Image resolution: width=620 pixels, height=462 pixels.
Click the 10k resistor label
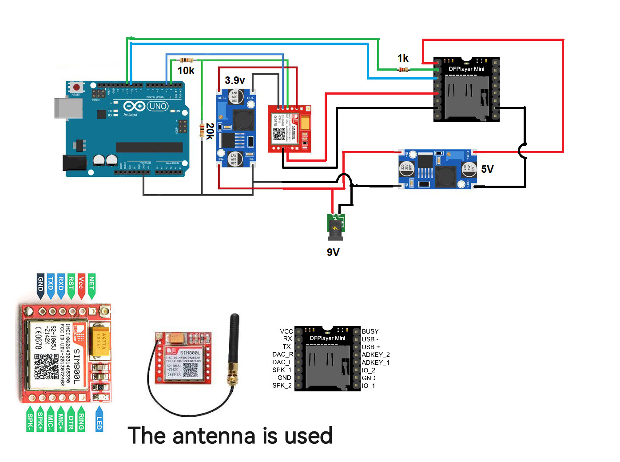[x=186, y=71]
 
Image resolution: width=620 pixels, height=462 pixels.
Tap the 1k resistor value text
[x=403, y=58]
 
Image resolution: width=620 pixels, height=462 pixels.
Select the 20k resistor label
[x=210, y=131]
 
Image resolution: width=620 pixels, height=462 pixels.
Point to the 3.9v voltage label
[x=234, y=80]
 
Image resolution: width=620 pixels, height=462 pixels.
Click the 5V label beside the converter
[x=487, y=169]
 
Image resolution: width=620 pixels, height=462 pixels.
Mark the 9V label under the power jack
[x=333, y=252]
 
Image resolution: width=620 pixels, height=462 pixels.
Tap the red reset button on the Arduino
[x=76, y=87]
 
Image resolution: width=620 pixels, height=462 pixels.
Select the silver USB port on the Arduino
[x=68, y=108]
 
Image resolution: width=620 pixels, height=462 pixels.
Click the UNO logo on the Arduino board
[x=158, y=106]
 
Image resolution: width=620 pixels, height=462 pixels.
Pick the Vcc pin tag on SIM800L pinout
[x=81, y=284]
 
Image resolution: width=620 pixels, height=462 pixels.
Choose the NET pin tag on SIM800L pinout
[x=91, y=284]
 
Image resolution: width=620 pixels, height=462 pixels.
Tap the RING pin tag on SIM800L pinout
[x=81, y=420]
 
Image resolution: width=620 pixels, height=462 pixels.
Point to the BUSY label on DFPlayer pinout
[x=370, y=331]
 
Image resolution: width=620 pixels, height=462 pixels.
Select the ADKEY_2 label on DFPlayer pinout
[x=375, y=354]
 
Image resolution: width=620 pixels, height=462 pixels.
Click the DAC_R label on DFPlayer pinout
[x=282, y=354]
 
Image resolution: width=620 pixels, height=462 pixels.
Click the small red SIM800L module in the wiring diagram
[x=289, y=129]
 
